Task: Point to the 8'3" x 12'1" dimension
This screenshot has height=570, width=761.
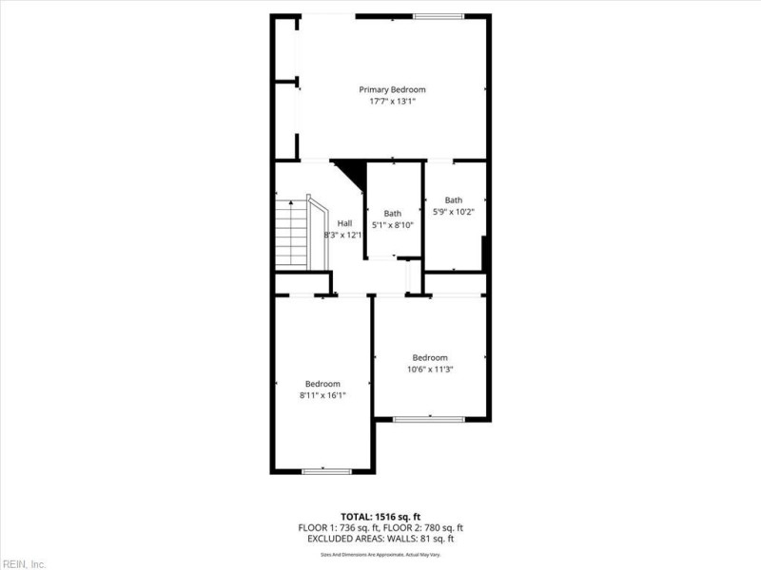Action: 343,234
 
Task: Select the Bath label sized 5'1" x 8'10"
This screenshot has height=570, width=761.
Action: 393,214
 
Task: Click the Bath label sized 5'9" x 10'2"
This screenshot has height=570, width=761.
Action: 454,199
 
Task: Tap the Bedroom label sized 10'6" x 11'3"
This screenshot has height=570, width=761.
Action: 430,358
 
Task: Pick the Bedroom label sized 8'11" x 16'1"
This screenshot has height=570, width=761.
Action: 322,384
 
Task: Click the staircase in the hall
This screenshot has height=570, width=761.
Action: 291,233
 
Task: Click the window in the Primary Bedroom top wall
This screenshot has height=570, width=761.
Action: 439,16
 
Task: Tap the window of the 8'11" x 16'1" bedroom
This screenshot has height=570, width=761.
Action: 326,470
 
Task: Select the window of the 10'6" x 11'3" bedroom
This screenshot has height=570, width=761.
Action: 429,419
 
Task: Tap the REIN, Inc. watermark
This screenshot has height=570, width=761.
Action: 23,564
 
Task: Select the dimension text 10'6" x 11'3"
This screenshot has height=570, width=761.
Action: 430,369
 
